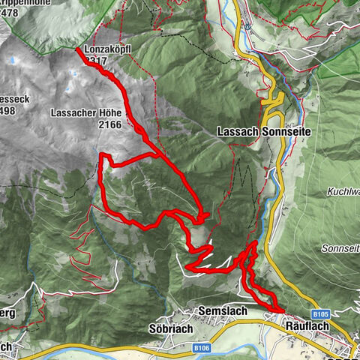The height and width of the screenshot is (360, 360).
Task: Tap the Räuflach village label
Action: point(308,325)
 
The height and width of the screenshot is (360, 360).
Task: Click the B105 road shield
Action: point(322,313)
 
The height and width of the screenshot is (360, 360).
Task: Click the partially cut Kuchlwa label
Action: point(343,192)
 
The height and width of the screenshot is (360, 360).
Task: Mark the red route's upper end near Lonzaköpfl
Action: point(78,50)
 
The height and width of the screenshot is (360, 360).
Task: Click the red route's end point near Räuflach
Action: point(282,309)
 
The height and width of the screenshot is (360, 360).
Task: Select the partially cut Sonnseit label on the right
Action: point(340,247)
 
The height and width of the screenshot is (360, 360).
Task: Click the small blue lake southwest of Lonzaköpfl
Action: point(73,73)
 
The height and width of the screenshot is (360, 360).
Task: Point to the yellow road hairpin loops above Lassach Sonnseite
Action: point(274,105)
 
